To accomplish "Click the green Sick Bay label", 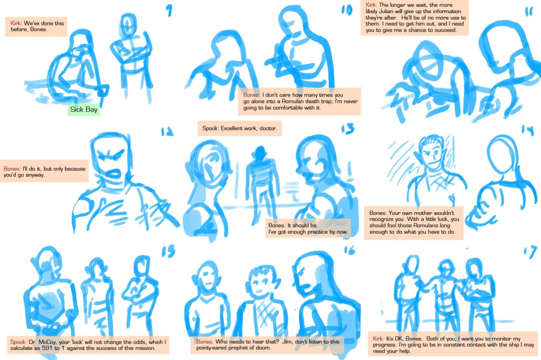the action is (x=83, y=110).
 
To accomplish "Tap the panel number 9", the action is (x=169, y=11).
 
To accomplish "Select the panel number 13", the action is (x=348, y=129).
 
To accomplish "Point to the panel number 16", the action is (x=349, y=250).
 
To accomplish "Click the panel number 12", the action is (x=167, y=132).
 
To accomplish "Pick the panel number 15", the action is (x=169, y=251).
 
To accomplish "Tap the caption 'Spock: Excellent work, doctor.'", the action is (x=239, y=128).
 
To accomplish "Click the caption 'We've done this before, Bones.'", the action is (x=36, y=26).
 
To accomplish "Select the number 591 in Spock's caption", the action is (x=47, y=348).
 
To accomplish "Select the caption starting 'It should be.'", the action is (x=308, y=229).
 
